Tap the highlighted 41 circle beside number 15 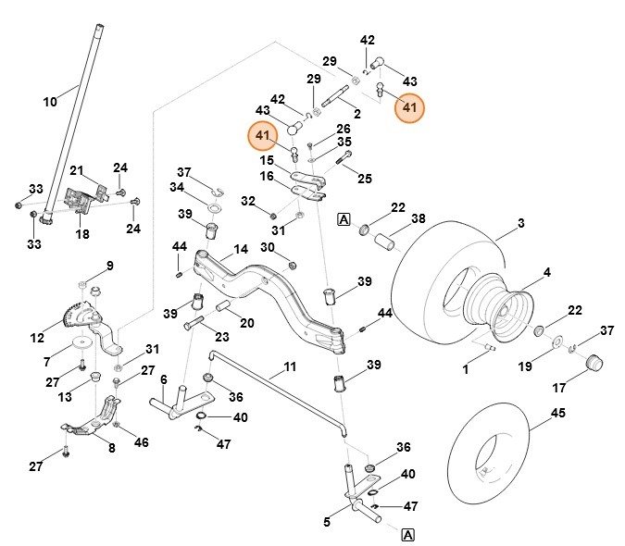tap(263, 136)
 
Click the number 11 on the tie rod tap(290, 367)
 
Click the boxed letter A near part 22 tap(344, 219)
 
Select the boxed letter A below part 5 tap(407, 534)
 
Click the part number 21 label tap(77, 170)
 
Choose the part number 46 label tap(141, 443)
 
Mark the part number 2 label tap(356, 112)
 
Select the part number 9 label tap(109, 266)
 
